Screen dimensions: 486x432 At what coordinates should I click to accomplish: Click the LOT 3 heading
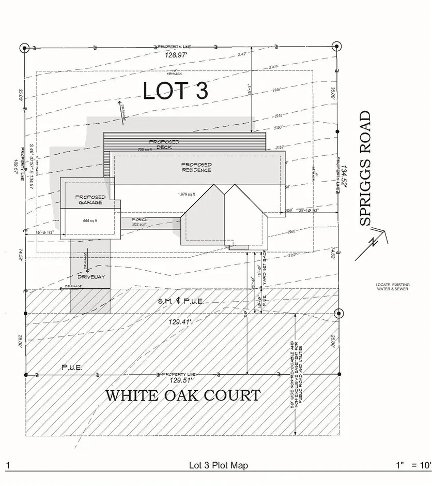point(176,91)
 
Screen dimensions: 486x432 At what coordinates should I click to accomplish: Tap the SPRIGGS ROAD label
point(365,168)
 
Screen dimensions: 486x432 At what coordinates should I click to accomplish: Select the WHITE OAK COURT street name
point(182,396)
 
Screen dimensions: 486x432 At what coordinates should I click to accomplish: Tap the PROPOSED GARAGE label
point(90,200)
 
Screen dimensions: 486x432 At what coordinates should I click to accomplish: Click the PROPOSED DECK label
point(164,144)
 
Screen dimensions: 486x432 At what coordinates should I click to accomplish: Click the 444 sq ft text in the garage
point(90,220)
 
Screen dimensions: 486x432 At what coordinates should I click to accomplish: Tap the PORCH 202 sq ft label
point(140,222)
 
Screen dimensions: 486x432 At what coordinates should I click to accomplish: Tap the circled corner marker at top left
point(24,49)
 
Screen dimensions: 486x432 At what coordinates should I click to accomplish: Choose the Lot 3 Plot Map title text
point(218,465)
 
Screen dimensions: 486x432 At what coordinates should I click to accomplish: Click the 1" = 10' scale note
point(412,465)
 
